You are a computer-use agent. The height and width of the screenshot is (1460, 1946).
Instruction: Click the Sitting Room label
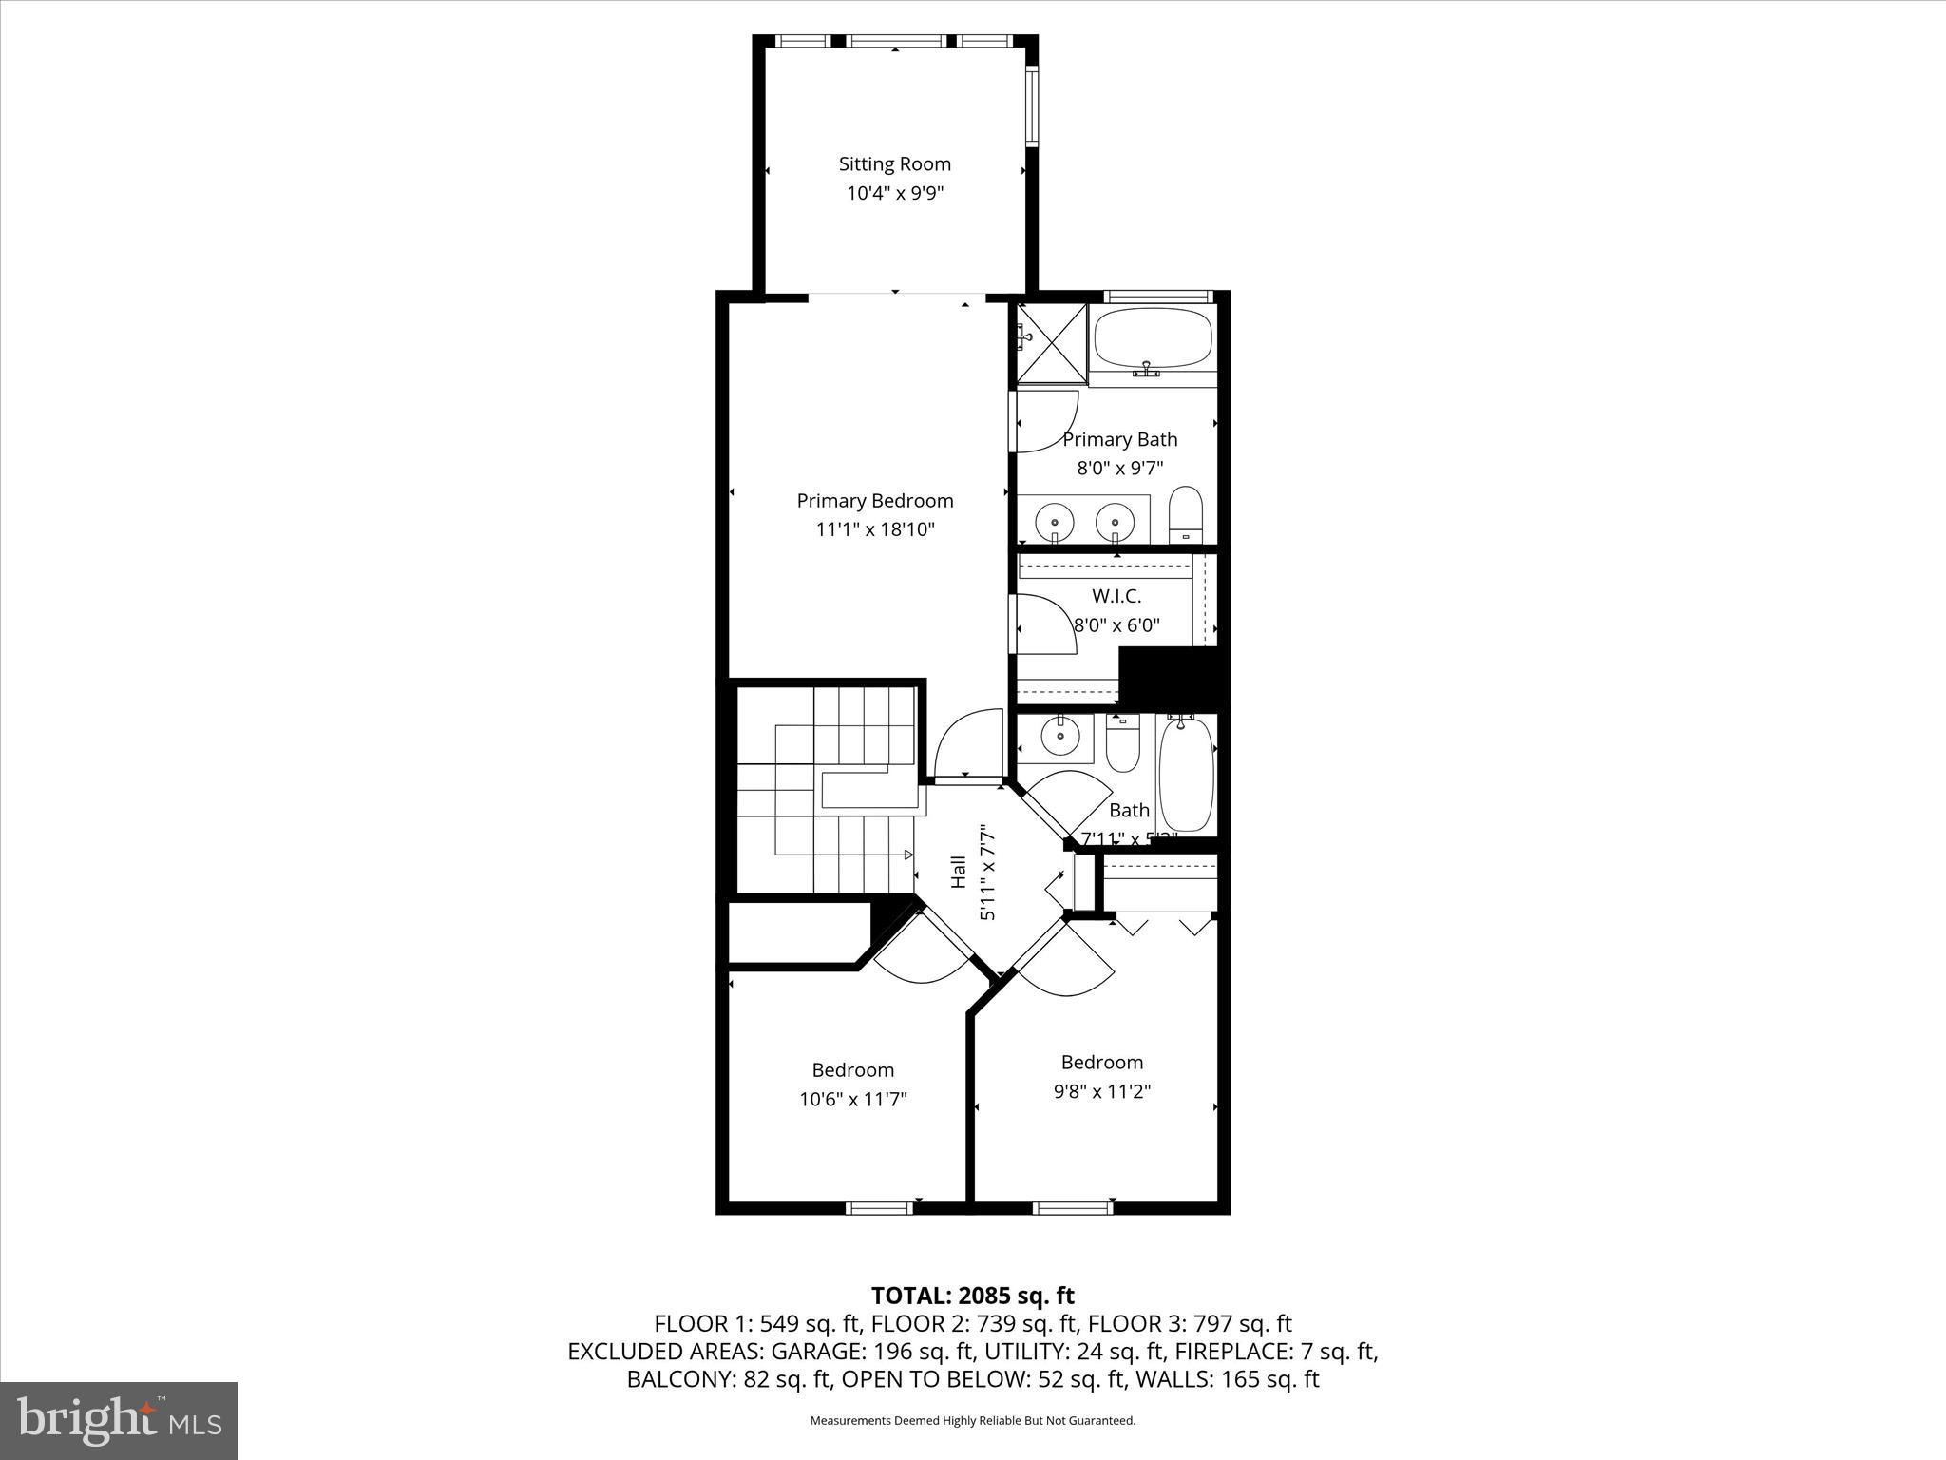pyautogui.click(x=894, y=163)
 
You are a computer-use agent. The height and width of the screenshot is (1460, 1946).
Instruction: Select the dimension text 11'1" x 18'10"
pyautogui.click(x=875, y=529)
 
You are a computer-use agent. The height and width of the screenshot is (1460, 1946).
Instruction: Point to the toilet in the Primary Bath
pyautogui.click(x=1185, y=514)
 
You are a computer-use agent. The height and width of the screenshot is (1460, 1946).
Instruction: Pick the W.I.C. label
pyautogui.click(x=1116, y=596)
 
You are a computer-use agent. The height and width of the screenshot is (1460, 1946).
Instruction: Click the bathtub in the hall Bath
pyautogui.click(x=1186, y=775)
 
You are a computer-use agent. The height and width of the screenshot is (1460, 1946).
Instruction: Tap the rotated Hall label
pyautogui.click(x=958, y=873)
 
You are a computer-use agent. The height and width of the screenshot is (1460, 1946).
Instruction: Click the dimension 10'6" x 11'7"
pyautogui.click(x=852, y=1099)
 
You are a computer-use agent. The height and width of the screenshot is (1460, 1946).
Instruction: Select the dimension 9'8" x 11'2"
pyautogui.click(x=1102, y=1091)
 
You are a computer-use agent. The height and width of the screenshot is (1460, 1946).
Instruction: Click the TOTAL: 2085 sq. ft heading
pyautogui.click(x=972, y=1296)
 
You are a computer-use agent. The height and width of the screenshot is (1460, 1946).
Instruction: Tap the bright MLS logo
pyautogui.click(x=119, y=1420)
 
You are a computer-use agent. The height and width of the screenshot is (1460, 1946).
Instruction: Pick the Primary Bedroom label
pyautogui.click(x=874, y=500)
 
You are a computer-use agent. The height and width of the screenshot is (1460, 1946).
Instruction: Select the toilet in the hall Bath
pyautogui.click(x=1122, y=745)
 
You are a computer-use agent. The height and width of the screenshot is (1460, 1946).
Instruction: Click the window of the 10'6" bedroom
pyautogui.click(x=879, y=1208)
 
